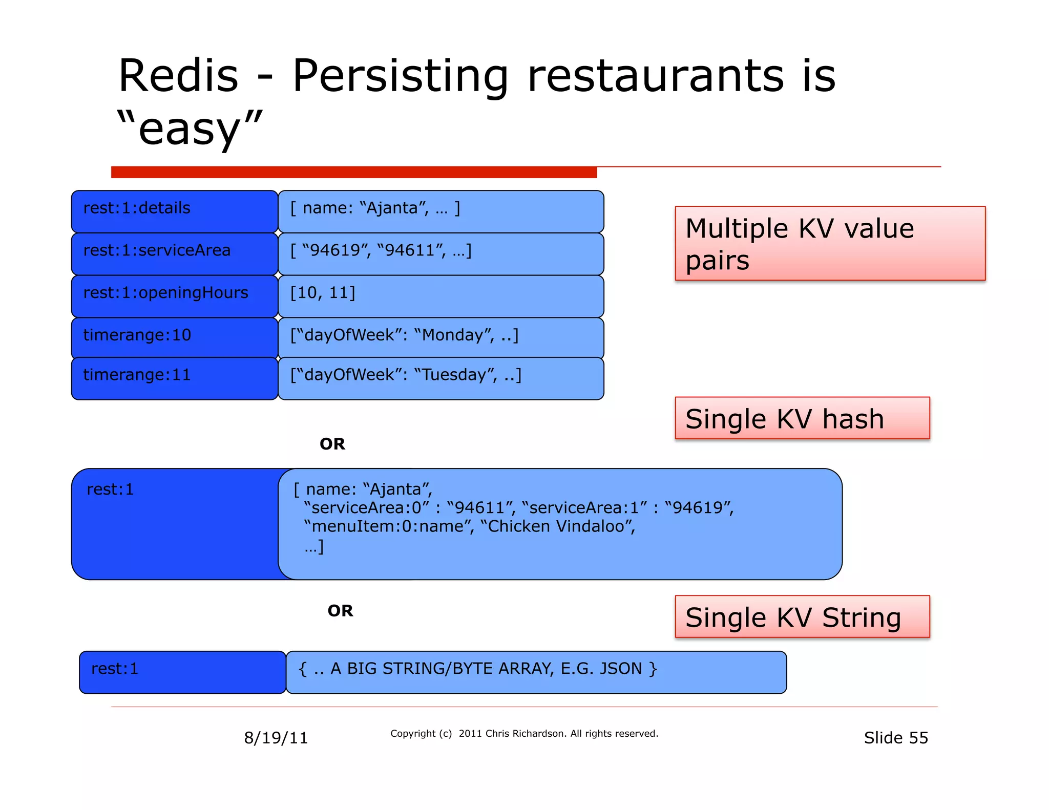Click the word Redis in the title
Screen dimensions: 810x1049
178,76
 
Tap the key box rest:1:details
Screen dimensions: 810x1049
174,211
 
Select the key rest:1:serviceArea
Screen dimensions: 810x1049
174,253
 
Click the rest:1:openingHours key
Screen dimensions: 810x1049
174,296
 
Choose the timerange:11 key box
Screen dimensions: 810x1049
174,378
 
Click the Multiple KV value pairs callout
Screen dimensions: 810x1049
830,243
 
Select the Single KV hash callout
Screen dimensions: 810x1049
802,418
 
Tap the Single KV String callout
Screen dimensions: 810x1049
802,616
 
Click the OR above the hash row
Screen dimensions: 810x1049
332,444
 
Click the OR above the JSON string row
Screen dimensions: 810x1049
340,611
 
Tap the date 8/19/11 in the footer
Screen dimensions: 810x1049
276,738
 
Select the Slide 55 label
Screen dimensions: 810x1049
895,738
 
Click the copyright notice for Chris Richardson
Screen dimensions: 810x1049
524,734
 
